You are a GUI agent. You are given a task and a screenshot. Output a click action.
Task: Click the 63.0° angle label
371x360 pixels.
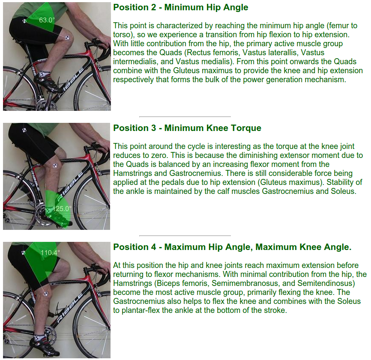coord(47,20)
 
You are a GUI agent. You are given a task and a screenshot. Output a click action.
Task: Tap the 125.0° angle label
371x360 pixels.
coord(62,208)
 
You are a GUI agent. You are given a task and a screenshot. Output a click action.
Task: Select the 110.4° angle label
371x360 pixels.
coord(50,253)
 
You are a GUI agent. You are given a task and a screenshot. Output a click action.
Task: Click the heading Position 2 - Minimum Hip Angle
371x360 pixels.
coord(180,7)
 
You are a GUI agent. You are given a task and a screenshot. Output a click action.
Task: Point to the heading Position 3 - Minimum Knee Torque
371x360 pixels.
coord(187,128)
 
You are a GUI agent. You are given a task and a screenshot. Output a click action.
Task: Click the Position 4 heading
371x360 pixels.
coord(232,247)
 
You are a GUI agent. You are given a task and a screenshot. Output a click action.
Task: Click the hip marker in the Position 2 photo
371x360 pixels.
coord(24,21)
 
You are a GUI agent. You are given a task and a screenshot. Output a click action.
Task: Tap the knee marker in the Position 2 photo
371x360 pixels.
coord(67,37)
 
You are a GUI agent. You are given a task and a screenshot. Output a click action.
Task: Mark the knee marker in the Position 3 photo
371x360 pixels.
coord(55,166)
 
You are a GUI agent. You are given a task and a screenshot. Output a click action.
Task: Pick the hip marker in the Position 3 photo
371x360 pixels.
coord(24,130)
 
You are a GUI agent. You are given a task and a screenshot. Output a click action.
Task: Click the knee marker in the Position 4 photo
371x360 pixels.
coord(46,294)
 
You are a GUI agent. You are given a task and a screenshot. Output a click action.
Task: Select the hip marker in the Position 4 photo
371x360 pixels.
coord(24,253)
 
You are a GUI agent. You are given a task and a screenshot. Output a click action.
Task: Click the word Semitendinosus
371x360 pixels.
coord(326,283)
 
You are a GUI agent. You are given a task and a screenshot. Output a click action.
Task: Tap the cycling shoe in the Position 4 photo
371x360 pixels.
coord(45,345)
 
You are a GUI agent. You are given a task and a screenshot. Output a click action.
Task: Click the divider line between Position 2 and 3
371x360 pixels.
coord(185,116)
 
